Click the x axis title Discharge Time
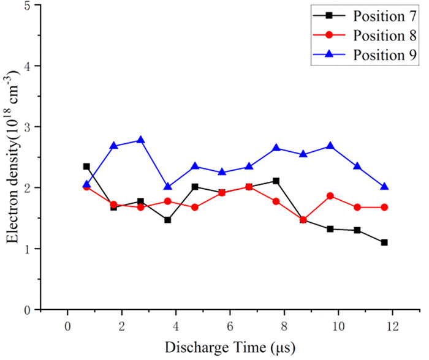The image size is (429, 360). pyautogui.click(x=230, y=348)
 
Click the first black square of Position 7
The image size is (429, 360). pyautogui.click(x=86, y=167)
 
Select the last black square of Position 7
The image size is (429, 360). pyautogui.click(x=384, y=242)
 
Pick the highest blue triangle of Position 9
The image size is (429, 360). pyautogui.click(x=140, y=140)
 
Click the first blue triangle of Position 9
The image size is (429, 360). pyautogui.click(x=86, y=184)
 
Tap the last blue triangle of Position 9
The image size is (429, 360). pyautogui.click(x=384, y=187)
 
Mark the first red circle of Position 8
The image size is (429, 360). pyautogui.click(x=86, y=187)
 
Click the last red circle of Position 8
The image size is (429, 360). pyautogui.click(x=384, y=208)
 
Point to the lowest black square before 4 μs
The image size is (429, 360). pyautogui.click(x=167, y=220)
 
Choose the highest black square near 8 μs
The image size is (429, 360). pyautogui.click(x=276, y=181)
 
